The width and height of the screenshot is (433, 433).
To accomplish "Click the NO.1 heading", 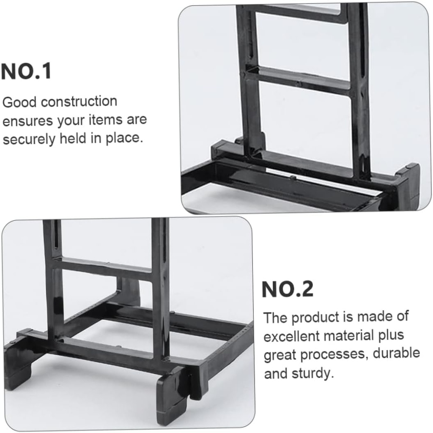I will click(26, 71).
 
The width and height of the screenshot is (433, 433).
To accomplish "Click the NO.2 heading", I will click(288, 290).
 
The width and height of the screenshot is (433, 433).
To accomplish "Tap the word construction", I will click(79, 102).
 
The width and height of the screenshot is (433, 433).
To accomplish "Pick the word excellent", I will click(292, 337).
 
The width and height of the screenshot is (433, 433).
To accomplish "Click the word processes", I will click(334, 354).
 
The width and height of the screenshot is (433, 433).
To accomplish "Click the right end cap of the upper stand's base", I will click(408, 186).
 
